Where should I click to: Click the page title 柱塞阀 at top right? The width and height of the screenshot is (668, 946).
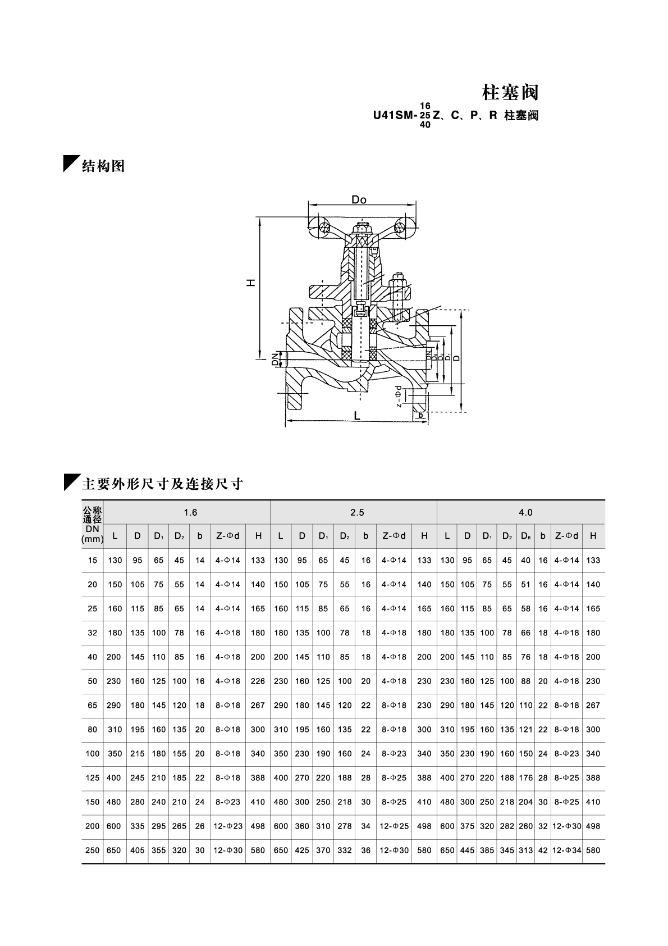point(510,92)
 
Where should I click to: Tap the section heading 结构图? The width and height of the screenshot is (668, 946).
point(103,166)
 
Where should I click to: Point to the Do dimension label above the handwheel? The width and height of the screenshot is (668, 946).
point(359,200)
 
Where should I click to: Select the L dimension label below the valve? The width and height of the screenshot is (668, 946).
point(356,416)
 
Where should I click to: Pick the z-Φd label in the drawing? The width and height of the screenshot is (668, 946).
point(399,396)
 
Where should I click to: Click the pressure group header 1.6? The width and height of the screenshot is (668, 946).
point(191,512)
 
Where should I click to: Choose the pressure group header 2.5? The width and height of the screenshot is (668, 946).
point(357,512)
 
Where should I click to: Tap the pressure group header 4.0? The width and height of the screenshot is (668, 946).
point(525,512)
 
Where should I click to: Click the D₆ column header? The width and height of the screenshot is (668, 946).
point(525,536)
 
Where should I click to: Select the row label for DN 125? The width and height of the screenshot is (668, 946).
point(93,777)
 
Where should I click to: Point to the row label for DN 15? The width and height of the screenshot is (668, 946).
point(93,560)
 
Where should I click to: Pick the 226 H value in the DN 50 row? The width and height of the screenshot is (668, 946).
point(258,681)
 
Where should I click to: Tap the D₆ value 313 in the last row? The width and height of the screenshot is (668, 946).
point(525,850)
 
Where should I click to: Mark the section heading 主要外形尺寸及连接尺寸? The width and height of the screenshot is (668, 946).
point(162,484)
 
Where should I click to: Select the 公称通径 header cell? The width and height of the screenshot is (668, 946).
point(93,515)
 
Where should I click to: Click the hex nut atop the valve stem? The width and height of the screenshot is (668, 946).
point(362,229)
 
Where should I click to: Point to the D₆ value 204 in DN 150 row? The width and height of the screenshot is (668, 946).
point(525,802)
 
